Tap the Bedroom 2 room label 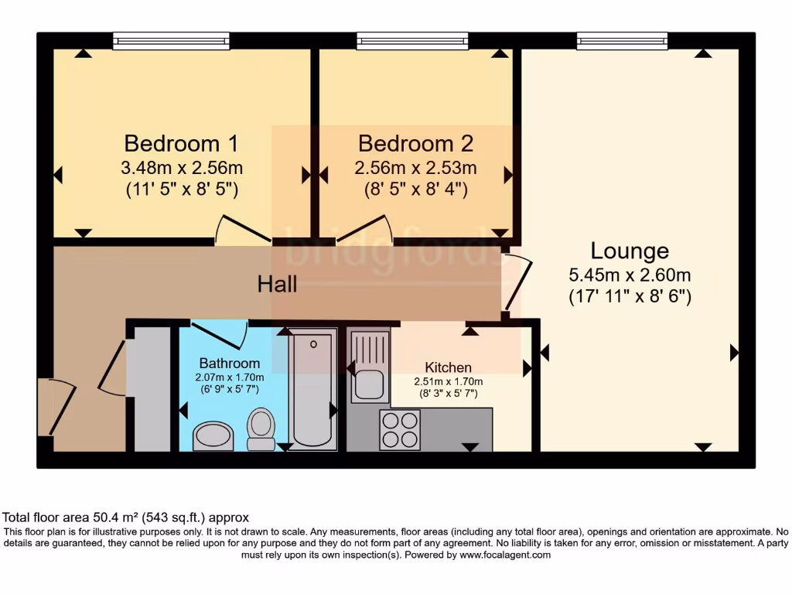pyautogui.click(x=415, y=144)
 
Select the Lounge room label pyautogui.click(x=630, y=251)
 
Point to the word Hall pyautogui.click(x=277, y=285)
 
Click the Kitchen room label pyautogui.click(x=448, y=367)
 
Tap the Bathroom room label pyautogui.click(x=230, y=363)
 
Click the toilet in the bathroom pyautogui.click(x=261, y=429)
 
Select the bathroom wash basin pyautogui.click(x=213, y=435)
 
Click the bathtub pyautogui.click(x=313, y=388)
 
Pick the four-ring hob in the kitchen pyautogui.click(x=400, y=429)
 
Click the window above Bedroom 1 pyautogui.click(x=171, y=40)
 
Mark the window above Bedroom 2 pyautogui.click(x=412, y=40)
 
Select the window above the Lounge pyautogui.click(x=622, y=40)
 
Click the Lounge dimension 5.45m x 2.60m pyautogui.click(x=630, y=275)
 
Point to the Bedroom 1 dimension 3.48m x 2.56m pyautogui.click(x=181, y=168)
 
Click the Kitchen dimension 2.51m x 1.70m pyautogui.click(x=448, y=381)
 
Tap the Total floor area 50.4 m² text pyautogui.click(x=126, y=517)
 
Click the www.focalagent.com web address pyautogui.click(x=504, y=555)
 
